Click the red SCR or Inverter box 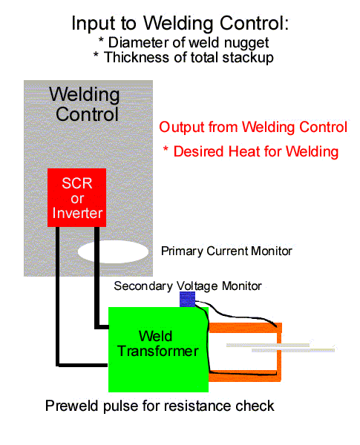[76, 197]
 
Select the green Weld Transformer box [158, 349]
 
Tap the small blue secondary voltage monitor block [188, 299]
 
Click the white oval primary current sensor [113, 251]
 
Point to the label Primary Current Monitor [226, 251]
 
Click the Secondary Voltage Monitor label [188, 286]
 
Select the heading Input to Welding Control [180, 23]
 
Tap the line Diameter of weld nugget [183, 43]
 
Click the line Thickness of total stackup [183, 58]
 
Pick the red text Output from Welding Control [253, 127]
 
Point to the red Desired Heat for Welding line [251, 151]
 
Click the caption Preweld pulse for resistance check [160, 406]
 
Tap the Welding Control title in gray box [85, 104]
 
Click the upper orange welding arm [246, 328]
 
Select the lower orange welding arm [245, 376]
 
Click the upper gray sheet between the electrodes [268, 345]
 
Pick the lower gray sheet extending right [293, 351]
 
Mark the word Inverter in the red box [77, 213]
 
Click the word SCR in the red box [77, 183]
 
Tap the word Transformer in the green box [158, 352]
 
